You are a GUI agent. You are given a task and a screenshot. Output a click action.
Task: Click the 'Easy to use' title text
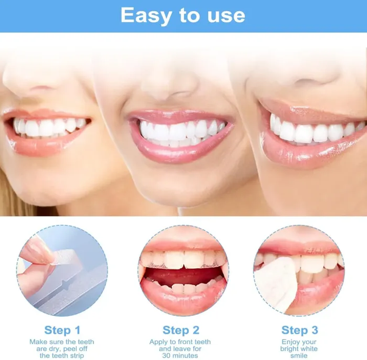(183, 15)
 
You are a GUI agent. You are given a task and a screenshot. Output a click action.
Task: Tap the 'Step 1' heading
(62, 330)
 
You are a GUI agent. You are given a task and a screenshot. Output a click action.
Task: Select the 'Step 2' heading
(181, 330)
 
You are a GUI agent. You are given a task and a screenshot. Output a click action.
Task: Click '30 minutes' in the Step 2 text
(181, 355)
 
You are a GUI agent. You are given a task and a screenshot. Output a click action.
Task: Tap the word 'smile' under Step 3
(299, 355)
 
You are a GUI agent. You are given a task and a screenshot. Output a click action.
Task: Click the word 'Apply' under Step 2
(160, 341)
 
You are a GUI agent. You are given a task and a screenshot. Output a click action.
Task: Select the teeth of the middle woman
(179, 131)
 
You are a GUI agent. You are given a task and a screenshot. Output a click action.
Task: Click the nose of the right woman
(312, 76)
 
